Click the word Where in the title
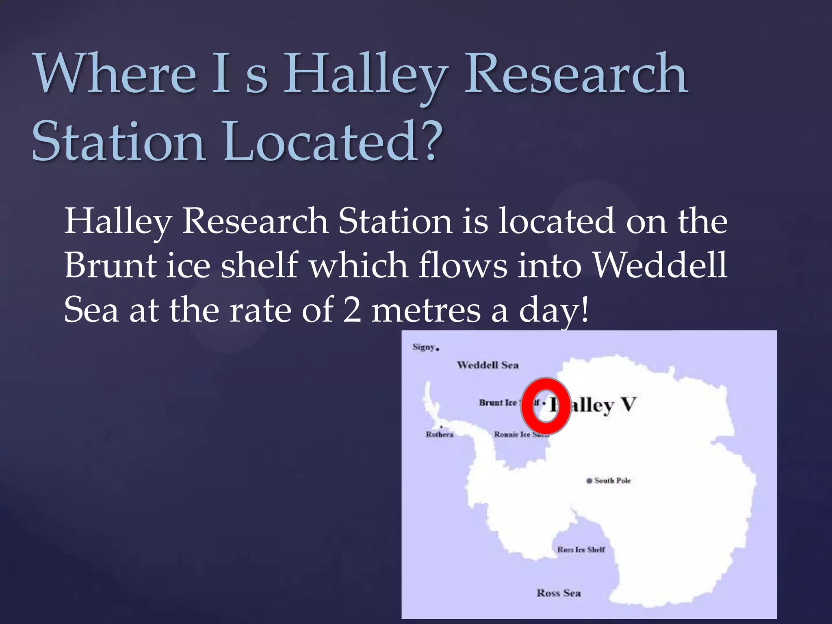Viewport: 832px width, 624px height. coord(115,74)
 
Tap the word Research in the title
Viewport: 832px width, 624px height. coord(576,74)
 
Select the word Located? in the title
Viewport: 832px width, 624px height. coord(331,141)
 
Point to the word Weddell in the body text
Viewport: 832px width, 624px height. coord(659,265)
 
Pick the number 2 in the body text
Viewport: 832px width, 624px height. coord(352,310)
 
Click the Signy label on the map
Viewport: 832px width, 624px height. coord(424,347)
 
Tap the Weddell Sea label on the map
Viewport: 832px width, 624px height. coord(487,365)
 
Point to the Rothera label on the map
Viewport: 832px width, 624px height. coord(439,434)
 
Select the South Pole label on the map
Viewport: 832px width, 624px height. coord(612,481)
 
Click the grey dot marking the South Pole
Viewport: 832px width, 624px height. coord(589,481)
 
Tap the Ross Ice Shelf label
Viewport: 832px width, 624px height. coord(581,550)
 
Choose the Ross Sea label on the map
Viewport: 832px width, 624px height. coord(559,593)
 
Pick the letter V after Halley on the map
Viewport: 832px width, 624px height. coord(628,405)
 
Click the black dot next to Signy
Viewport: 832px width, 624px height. coord(438,349)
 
